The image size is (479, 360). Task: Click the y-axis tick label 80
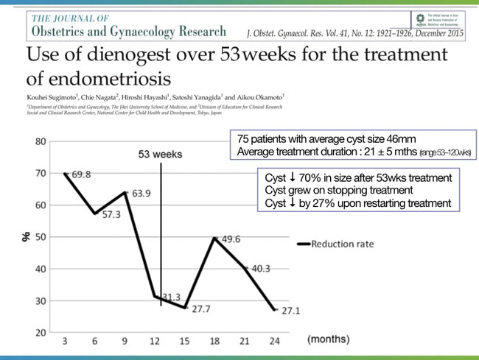click(41, 141)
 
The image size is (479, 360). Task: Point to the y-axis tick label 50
click(41, 237)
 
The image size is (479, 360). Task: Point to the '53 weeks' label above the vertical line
click(161, 155)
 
